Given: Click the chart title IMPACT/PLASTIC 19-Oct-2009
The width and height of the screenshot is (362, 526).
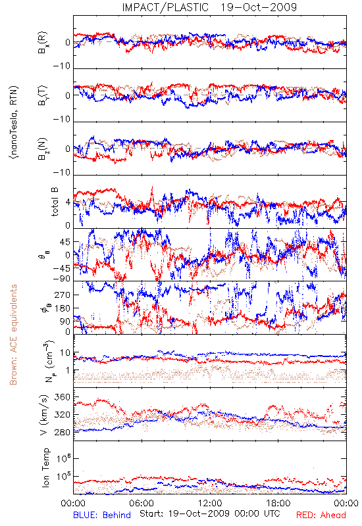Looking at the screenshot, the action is coord(209,7).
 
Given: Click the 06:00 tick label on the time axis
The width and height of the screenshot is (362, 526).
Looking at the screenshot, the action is coord(142,503).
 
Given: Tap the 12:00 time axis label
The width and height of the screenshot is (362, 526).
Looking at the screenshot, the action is coord(210,503).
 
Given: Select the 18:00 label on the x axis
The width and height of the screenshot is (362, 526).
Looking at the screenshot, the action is coord(278,503).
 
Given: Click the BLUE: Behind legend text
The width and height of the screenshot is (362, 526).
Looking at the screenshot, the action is coord(102,515).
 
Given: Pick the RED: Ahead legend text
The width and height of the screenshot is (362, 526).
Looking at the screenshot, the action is coord(321,515).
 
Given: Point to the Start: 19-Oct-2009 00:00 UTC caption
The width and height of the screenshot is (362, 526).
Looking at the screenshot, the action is coord(209,514).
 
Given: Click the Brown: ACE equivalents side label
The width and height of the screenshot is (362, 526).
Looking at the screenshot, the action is coord(13,335).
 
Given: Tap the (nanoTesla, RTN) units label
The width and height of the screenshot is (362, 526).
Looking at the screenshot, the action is coord(14,122).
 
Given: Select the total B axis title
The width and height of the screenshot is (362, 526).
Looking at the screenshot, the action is coord(55,202).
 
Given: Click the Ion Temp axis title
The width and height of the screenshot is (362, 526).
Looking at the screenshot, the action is coord(45,467).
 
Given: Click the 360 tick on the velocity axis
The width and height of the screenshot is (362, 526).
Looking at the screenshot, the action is coord(62,397).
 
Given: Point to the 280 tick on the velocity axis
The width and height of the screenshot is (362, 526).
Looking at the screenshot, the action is coord(62,432).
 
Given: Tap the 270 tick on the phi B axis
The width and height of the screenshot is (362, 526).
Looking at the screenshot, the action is coord(62,295).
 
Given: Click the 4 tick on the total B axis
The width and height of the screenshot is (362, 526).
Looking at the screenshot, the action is coord(68,203).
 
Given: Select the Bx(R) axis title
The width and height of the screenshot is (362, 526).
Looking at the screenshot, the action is coord(42,42).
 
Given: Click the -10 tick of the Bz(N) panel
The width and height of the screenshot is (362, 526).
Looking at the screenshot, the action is coord(62,172).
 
